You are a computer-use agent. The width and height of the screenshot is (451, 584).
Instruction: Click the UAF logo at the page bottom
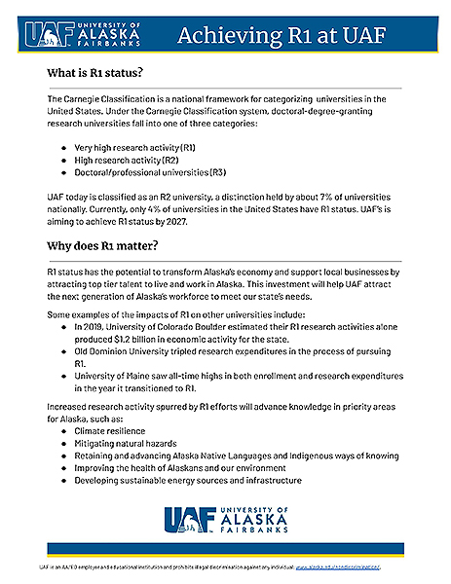225,524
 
